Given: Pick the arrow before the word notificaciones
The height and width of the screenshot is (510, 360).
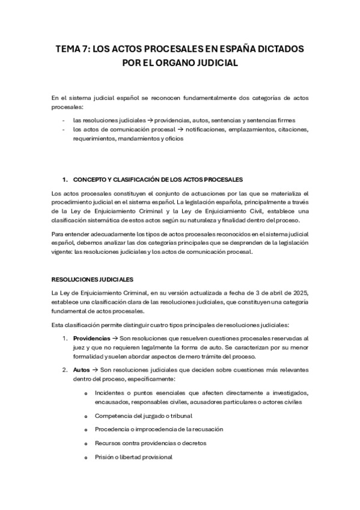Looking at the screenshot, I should click(x=180, y=129).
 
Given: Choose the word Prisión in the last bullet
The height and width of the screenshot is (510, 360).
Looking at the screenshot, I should click(x=104, y=457).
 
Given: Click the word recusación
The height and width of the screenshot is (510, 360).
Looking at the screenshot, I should click(x=206, y=429).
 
